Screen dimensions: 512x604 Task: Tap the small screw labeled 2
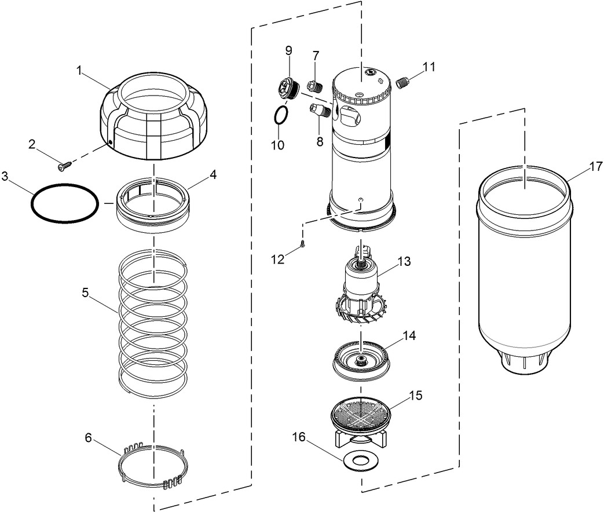(x=63, y=166)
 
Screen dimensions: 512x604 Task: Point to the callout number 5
(x=85, y=293)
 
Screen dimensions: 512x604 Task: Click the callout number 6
(x=88, y=438)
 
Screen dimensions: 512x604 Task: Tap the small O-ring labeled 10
(x=280, y=116)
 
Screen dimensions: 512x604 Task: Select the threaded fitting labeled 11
(x=403, y=83)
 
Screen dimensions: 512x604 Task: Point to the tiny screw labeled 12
(x=302, y=245)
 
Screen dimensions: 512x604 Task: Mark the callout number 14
(x=410, y=335)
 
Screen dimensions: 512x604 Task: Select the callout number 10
(x=277, y=145)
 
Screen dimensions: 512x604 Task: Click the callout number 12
(x=279, y=259)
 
